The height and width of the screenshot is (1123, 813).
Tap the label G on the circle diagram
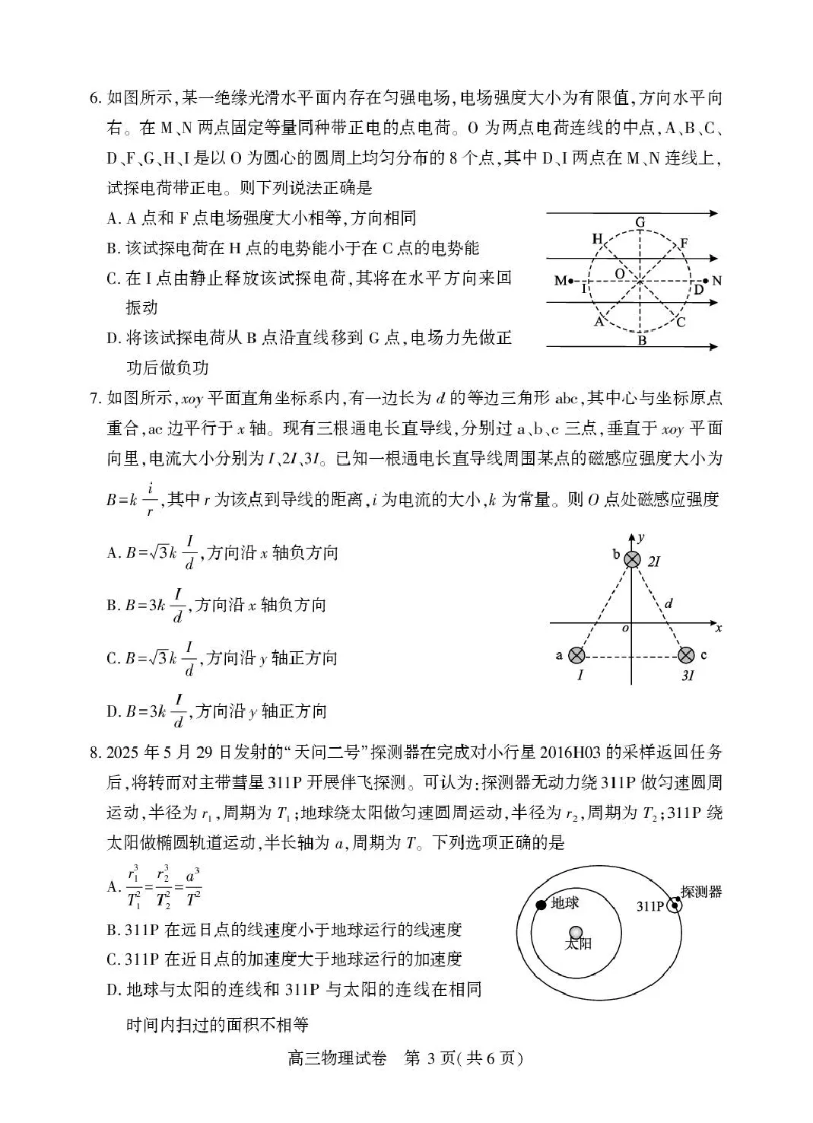[x=640, y=223]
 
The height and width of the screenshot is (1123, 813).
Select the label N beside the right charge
[x=716, y=281]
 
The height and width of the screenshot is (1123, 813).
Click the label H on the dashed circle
[x=597, y=240]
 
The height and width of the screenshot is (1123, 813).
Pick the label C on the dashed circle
[x=681, y=322]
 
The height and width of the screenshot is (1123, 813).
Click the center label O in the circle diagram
[x=620, y=272]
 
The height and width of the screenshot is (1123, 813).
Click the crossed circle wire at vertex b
[x=632, y=560]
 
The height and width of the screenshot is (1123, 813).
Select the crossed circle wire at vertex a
[x=577, y=654]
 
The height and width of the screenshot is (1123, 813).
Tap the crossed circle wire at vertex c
[x=686, y=654]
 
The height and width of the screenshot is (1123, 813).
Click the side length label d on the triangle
[x=668, y=604]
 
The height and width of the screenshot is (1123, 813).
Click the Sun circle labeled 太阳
[x=576, y=933]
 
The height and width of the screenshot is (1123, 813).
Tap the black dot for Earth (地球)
[x=541, y=905]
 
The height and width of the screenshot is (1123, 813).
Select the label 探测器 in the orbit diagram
[x=701, y=891]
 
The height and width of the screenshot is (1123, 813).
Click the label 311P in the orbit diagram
[x=651, y=906]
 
